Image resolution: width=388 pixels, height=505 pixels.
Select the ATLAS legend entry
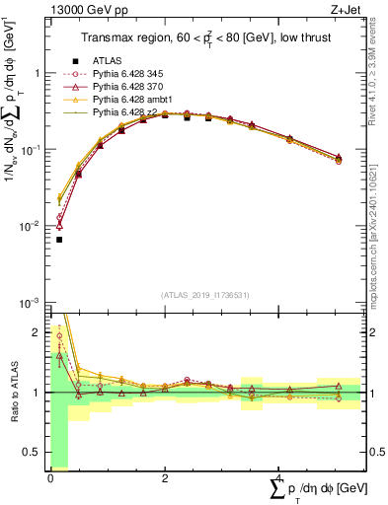(x=106, y=61)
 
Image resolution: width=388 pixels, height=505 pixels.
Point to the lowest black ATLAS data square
(x=59, y=240)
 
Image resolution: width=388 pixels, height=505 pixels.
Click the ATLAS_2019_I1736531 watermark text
(x=204, y=295)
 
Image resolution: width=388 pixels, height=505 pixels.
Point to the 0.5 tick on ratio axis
(x=37, y=453)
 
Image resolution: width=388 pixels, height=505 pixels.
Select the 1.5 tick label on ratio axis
(x=37, y=362)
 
